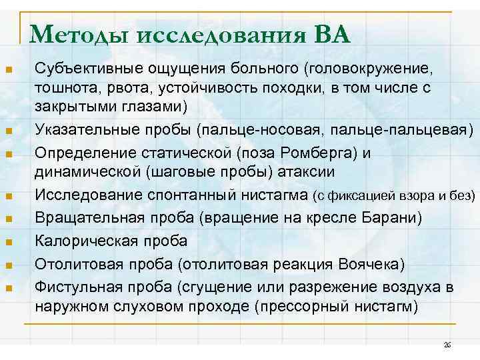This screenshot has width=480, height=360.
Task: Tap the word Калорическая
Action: tap(77, 240)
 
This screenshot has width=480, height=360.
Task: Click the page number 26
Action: tap(447, 345)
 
